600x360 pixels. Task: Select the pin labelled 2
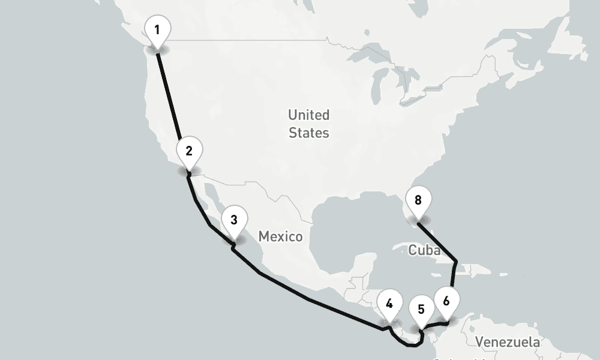coord(189,151)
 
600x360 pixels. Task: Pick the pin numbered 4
coord(389,304)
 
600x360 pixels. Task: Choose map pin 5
coord(421,310)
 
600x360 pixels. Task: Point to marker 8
coord(418,200)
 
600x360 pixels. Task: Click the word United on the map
coord(308,115)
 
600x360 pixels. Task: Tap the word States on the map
coord(308,133)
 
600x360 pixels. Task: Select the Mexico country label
coord(280,236)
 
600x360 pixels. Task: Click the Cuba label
coord(424,250)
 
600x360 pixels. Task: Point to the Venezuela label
coord(507,342)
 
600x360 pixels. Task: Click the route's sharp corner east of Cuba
coord(457,262)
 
